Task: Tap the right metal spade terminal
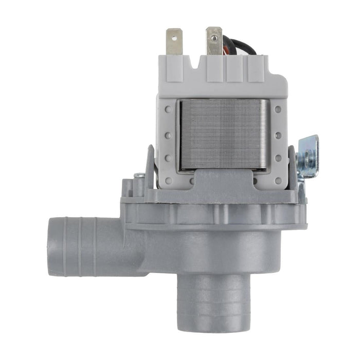pos(213,41)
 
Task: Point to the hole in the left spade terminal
pos(175,37)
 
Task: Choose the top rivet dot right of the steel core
pos(278,109)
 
